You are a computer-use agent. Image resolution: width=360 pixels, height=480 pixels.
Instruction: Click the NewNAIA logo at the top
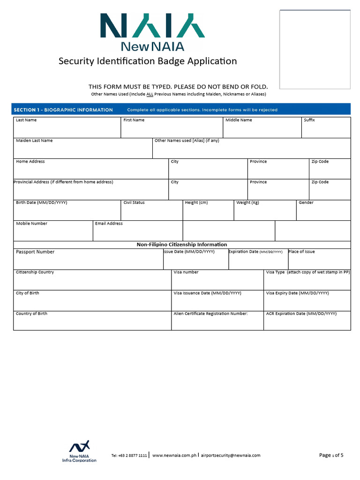[x=152, y=31]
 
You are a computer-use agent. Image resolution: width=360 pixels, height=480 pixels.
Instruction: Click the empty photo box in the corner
[x=315, y=49]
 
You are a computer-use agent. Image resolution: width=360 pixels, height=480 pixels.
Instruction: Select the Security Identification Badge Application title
[x=147, y=61]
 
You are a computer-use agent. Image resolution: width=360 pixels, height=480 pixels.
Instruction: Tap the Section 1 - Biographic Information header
[x=63, y=110]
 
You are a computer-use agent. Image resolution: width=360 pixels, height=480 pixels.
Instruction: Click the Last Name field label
[x=26, y=120]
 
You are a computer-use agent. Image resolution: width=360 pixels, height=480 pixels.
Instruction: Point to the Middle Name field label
[x=239, y=120]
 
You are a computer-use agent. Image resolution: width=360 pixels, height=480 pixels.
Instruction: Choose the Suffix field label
[x=309, y=120]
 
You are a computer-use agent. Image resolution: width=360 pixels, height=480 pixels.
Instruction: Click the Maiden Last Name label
[x=34, y=141]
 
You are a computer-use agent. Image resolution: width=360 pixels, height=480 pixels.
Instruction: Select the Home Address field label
[x=30, y=162]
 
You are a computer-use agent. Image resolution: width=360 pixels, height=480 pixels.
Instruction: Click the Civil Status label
[x=134, y=203]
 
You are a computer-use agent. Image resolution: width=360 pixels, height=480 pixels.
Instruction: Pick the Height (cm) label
[x=196, y=203]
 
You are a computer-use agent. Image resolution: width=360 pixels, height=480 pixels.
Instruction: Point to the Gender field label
[x=306, y=203]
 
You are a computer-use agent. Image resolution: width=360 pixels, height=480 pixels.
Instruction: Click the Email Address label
[x=109, y=224]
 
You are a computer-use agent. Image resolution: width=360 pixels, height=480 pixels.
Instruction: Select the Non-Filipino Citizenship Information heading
[x=182, y=245]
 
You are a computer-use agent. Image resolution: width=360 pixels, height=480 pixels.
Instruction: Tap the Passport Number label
[x=35, y=252]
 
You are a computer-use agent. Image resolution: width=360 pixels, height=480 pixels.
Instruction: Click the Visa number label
[x=186, y=272]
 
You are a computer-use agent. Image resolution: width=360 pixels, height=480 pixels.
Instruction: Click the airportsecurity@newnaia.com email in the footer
[x=231, y=455]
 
